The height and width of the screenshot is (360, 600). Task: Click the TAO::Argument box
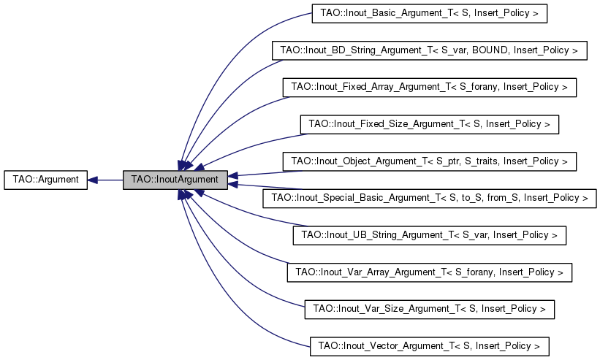[x=45, y=180]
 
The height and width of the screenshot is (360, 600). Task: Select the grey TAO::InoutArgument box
[x=175, y=180]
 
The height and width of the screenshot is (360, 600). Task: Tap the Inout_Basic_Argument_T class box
[x=429, y=13]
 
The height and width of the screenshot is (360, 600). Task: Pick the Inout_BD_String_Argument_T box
[x=429, y=50]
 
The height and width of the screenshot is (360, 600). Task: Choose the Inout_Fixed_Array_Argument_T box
[x=429, y=87]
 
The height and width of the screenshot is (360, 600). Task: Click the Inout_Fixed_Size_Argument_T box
[x=429, y=124]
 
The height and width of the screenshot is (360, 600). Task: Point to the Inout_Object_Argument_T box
[x=429, y=161]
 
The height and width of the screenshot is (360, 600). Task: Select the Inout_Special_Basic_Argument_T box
[x=429, y=199]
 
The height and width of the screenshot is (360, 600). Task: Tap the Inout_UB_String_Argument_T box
[x=429, y=235]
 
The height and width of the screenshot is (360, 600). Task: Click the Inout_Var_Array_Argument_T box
[x=429, y=272]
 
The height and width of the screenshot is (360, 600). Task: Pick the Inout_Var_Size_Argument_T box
[x=429, y=309]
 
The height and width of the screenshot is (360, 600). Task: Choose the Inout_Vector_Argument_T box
[x=429, y=346]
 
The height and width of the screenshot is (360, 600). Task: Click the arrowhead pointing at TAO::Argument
[x=92, y=180]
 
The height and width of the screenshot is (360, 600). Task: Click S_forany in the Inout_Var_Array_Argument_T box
[x=468, y=272]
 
